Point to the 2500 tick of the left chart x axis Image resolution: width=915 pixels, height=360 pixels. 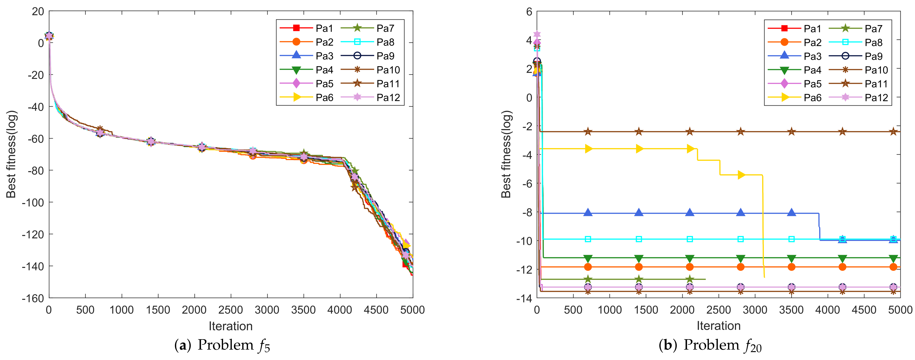coord(231,310)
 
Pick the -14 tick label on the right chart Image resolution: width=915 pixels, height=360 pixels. coord(524,298)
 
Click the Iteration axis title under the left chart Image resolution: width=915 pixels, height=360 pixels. coord(231,326)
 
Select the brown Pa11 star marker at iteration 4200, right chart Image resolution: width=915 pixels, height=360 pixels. coord(842,132)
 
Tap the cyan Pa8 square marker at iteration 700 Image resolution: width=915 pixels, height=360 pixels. coord(588,239)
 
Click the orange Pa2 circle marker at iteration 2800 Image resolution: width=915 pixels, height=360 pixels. coord(741,267)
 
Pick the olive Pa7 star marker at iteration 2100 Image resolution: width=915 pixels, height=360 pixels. coord(689,279)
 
